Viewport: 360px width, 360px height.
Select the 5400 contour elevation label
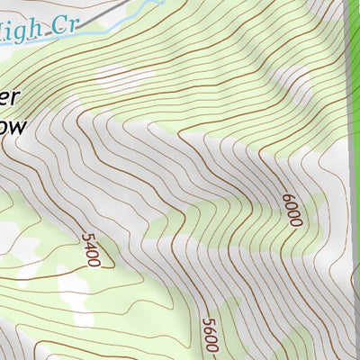tap(91, 249)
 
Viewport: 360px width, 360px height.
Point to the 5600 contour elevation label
tap(210, 334)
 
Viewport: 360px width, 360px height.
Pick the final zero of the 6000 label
tap(296, 220)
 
